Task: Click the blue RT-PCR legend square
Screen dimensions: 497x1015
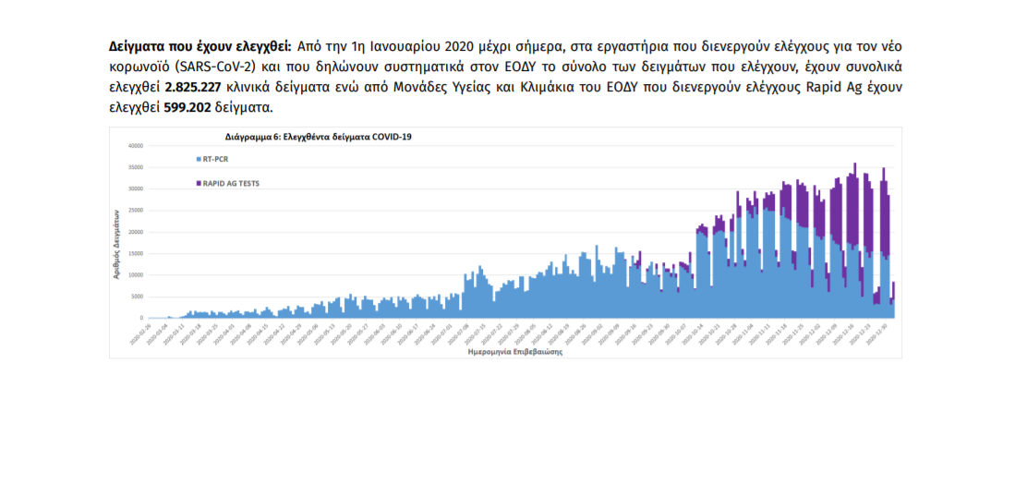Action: (198, 159)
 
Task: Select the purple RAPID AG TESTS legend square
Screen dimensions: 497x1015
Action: (198, 183)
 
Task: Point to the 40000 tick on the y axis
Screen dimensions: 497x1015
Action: (136, 145)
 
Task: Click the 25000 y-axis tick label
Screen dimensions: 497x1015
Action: (136, 210)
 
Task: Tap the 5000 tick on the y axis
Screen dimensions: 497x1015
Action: (138, 296)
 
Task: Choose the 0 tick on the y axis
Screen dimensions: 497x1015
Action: (141, 318)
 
